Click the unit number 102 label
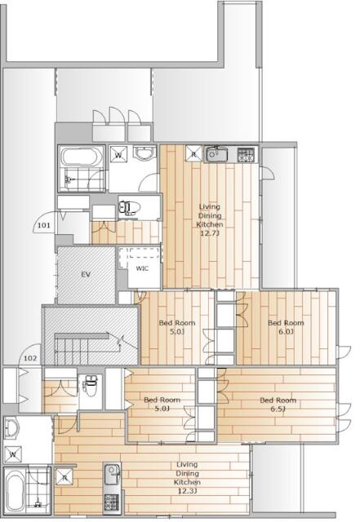[30, 357]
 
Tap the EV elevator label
[85, 275]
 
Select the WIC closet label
[142, 268]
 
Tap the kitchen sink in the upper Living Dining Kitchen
[216, 153]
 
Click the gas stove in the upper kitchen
[246, 153]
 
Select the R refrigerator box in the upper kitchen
[193, 152]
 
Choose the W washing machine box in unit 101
[118, 153]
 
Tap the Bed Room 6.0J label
[286, 327]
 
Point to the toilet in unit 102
[90, 386]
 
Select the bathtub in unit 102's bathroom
[14, 492]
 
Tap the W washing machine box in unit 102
[13, 453]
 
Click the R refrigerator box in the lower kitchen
[64, 478]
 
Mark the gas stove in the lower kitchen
[111, 499]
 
